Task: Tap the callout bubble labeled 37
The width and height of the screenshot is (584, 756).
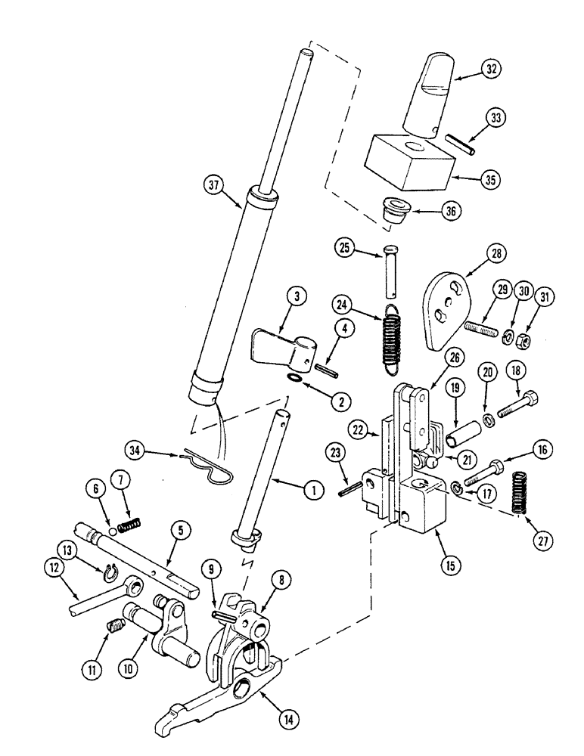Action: click(214, 184)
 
